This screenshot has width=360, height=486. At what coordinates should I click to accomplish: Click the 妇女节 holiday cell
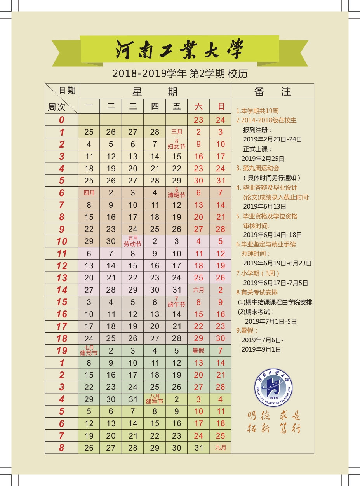[176, 144]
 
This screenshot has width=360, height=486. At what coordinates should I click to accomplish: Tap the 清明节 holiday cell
[176, 193]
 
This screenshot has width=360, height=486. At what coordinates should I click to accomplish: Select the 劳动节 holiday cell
[133, 241]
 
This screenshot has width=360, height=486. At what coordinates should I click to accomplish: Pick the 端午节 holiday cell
[176, 302]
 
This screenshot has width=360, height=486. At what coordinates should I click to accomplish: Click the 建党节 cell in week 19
[89, 350]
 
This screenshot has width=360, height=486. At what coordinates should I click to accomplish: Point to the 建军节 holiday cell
[155, 399]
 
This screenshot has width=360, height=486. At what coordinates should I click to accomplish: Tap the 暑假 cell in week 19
[198, 350]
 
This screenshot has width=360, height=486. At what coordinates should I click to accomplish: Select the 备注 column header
[273, 92]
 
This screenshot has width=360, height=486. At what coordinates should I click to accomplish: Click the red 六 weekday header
[198, 106]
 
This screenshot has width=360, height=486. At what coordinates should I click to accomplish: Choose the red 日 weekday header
[221, 106]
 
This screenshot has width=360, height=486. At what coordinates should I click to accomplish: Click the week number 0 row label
[61, 120]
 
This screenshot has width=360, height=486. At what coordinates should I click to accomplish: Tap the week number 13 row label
[61, 278]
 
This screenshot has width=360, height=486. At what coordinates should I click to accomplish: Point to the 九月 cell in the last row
[221, 448]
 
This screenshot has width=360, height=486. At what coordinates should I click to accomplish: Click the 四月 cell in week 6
[89, 193]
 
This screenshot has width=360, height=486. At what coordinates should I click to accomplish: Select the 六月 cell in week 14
[198, 290]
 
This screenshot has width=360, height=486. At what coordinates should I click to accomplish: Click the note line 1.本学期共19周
[257, 111]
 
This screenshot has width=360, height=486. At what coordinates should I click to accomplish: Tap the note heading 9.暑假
[247, 331]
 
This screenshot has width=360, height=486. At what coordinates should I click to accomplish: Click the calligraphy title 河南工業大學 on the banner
[179, 49]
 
